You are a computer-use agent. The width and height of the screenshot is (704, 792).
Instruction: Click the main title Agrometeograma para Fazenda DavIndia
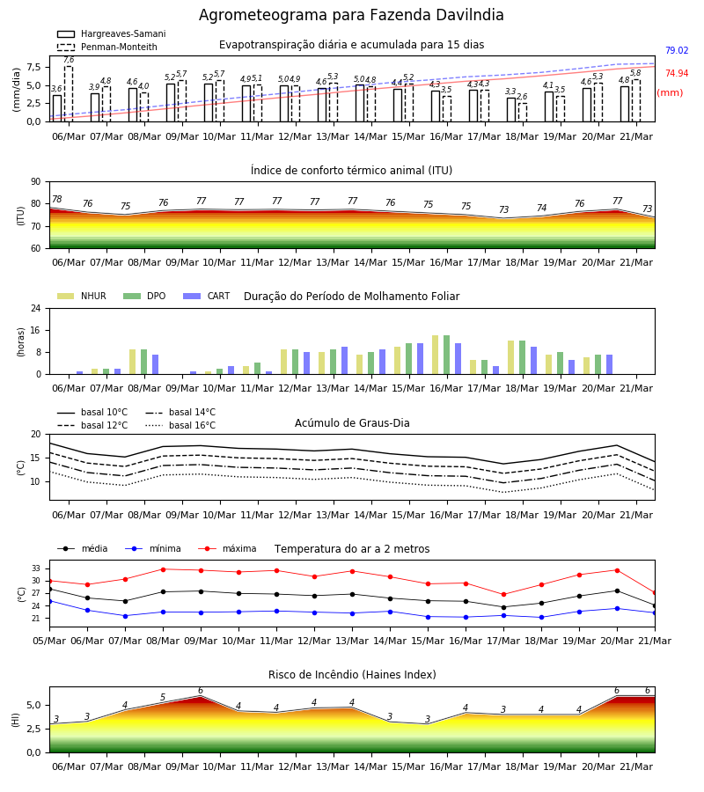point(351,15)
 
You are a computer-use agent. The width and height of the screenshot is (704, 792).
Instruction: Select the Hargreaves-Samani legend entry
point(112,33)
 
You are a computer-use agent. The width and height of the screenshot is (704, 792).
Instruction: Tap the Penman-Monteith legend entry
point(107,47)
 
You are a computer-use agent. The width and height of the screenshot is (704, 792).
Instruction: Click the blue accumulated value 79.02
point(677,50)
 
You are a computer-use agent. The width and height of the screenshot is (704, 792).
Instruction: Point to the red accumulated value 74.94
point(677,73)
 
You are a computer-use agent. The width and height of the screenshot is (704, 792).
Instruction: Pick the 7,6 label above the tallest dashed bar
point(69,60)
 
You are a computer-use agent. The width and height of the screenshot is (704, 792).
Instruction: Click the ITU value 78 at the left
point(57,199)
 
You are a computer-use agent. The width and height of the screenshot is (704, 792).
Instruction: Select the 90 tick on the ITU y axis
point(36,182)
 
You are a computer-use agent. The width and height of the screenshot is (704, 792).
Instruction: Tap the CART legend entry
point(207,296)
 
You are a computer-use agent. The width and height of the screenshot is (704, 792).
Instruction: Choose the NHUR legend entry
point(82,296)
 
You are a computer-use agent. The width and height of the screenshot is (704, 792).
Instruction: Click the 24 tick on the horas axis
point(36,308)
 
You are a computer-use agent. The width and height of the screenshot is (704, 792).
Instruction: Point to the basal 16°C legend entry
point(180,425)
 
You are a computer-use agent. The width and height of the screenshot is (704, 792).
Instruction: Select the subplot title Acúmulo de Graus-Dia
point(352,423)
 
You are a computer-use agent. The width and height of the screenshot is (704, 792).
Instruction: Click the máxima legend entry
point(227,548)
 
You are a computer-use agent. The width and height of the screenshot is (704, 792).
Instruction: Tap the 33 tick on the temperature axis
point(36,568)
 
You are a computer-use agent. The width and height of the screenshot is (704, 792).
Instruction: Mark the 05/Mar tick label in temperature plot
point(49,641)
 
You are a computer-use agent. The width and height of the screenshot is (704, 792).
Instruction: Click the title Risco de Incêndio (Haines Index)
point(352,675)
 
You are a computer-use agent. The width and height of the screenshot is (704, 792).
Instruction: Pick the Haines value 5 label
point(163,697)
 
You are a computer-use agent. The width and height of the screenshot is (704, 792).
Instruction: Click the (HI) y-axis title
point(15,720)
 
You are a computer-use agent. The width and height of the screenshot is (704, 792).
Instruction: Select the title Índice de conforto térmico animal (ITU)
point(351,171)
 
